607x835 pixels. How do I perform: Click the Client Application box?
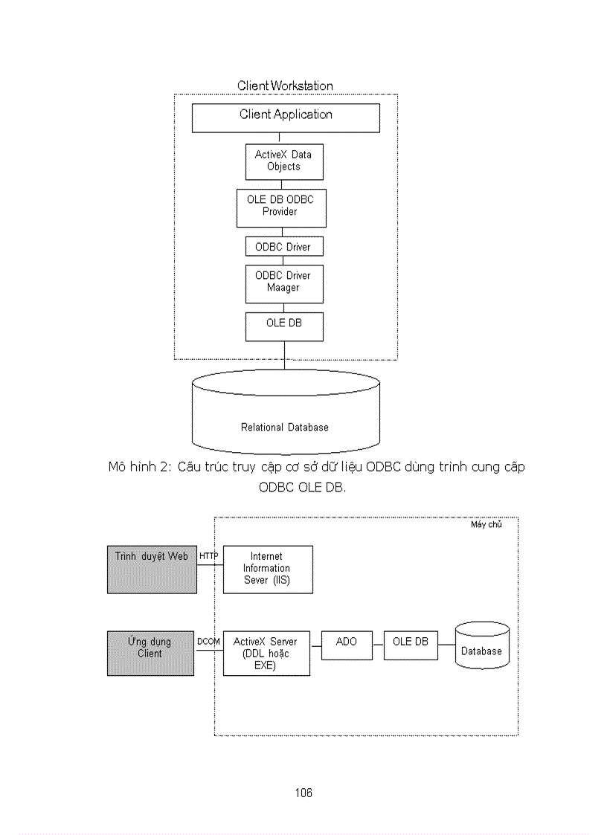click(x=286, y=117)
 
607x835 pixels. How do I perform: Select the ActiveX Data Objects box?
click(x=284, y=161)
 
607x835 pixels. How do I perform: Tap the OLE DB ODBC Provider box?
click(x=281, y=207)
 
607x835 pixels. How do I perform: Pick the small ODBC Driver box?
click(x=284, y=247)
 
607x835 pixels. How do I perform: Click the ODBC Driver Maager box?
click(x=284, y=283)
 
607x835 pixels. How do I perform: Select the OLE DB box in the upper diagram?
click(x=284, y=326)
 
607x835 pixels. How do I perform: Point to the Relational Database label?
click(x=285, y=428)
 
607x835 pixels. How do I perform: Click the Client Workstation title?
click(x=285, y=86)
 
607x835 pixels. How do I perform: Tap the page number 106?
click(x=303, y=793)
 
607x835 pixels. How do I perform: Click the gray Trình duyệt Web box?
click(x=152, y=569)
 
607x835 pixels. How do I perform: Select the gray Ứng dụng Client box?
click(x=150, y=653)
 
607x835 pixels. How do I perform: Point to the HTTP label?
click(x=209, y=556)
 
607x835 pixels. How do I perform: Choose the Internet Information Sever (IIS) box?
click(x=268, y=569)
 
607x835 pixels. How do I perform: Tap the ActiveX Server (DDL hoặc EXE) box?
click(x=266, y=653)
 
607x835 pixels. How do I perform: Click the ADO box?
click(x=347, y=645)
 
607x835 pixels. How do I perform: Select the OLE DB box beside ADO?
click(x=411, y=645)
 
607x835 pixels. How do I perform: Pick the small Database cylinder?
click(x=482, y=645)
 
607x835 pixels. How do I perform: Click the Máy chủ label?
click(x=486, y=525)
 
